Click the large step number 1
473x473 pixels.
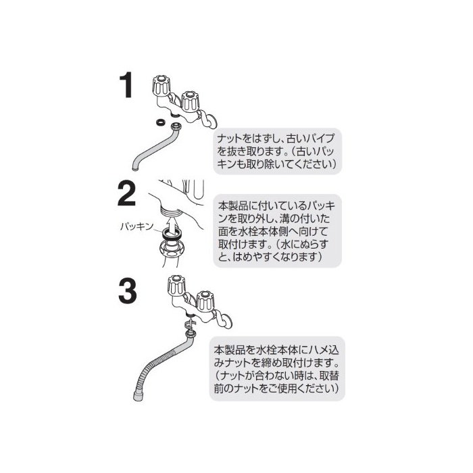pos(127,85)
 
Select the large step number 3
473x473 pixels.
pos(127,291)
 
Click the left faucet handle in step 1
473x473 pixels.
pos(161,85)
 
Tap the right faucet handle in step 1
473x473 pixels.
pos(189,101)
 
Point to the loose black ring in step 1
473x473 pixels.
pos(160,122)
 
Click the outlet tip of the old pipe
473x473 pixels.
pos(135,168)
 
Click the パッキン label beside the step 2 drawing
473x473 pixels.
pos(136,226)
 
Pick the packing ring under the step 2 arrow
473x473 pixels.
pos(172,233)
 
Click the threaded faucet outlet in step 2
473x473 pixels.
pos(171,209)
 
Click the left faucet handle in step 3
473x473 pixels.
pos(176,285)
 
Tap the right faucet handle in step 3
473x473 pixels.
pos(205,301)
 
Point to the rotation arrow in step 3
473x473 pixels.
pos(191,324)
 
